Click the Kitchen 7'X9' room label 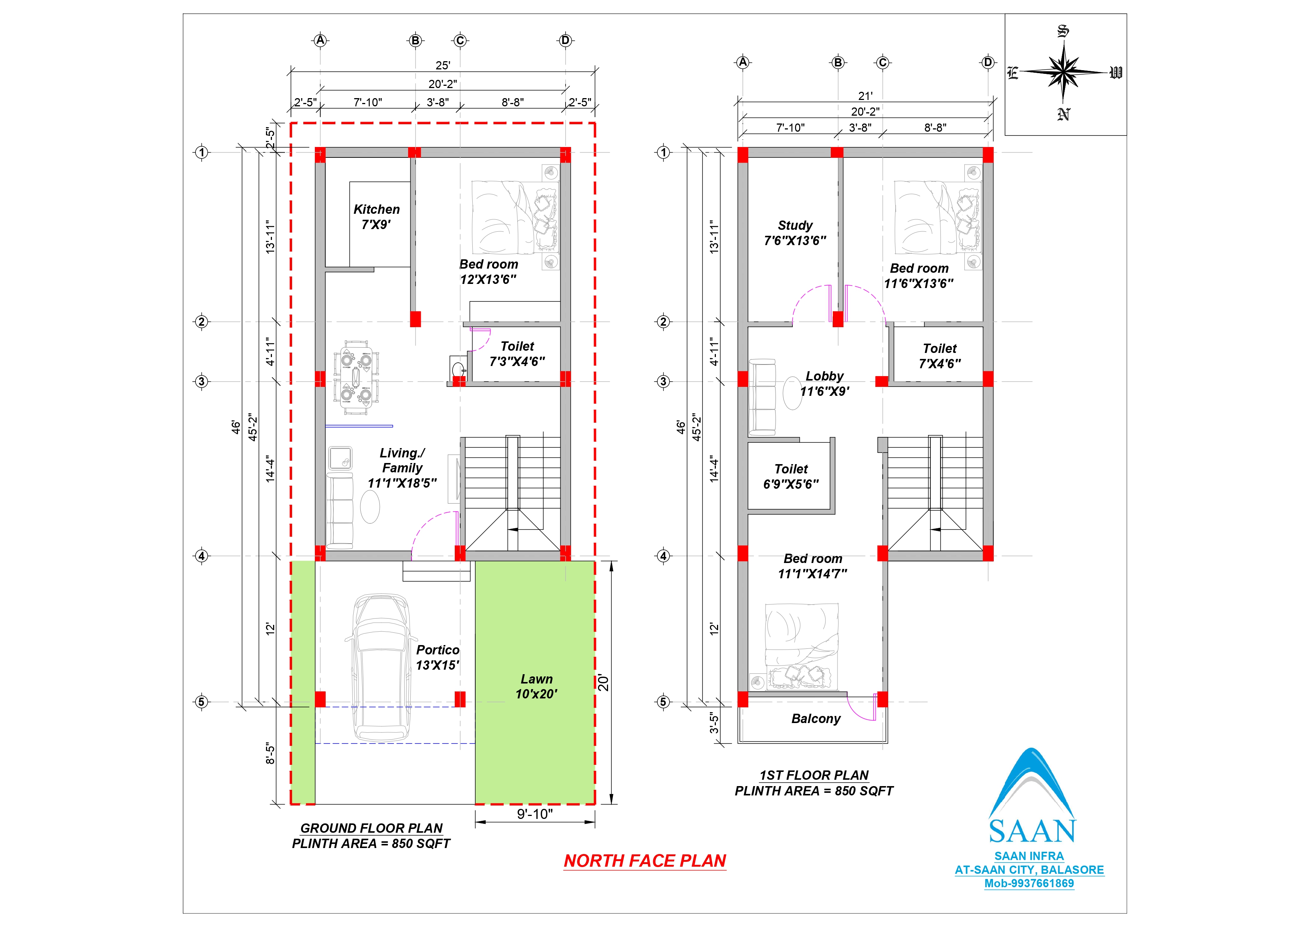point(376,217)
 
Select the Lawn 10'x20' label point(536,686)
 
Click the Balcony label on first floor point(816,719)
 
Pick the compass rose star point(1063,72)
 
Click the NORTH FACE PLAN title point(645,861)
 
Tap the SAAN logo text point(1032,831)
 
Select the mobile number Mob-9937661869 point(1029,883)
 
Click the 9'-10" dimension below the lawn point(535,814)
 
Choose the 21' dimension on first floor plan point(865,96)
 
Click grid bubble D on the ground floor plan point(566,40)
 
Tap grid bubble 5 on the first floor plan point(663,702)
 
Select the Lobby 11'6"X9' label point(824,384)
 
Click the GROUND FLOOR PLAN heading point(371,828)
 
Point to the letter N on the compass point(1063,115)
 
